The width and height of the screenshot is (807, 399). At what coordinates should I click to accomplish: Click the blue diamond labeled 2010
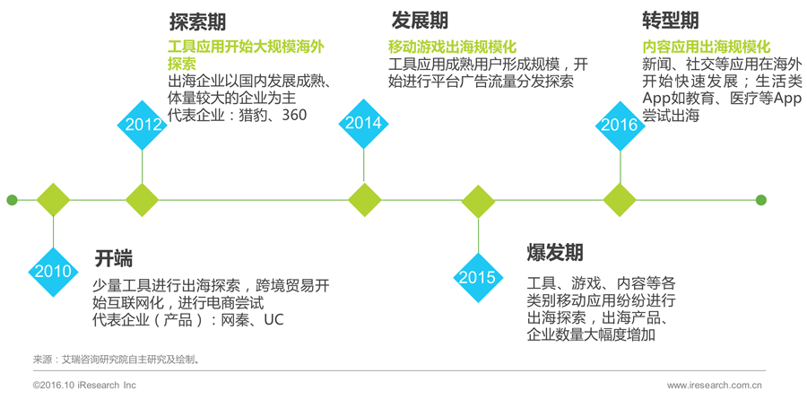[x=53, y=272]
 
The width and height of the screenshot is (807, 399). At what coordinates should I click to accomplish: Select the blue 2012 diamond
[x=143, y=125]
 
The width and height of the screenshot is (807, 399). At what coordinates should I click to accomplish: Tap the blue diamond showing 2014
[x=363, y=123]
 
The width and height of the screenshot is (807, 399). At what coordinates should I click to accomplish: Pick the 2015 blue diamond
[x=477, y=277]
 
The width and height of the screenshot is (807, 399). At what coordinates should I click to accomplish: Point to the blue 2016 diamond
[x=620, y=125]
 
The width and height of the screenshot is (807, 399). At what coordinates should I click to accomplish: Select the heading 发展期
[x=419, y=21]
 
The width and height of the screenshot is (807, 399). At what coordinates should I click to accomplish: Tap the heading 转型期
[x=671, y=21]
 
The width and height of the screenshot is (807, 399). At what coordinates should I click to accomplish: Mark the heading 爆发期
[x=555, y=252]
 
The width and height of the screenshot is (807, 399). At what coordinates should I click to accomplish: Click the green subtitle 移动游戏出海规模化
[x=452, y=47]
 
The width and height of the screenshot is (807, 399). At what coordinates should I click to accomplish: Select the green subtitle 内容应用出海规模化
[x=707, y=47]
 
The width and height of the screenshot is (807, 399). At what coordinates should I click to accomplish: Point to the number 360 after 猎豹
[x=293, y=116]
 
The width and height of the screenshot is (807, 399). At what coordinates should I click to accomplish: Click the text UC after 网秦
[x=273, y=320]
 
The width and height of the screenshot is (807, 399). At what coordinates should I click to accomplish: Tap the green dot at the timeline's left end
[x=11, y=200]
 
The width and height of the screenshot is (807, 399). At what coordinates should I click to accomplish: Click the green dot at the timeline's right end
[x=761, y=200]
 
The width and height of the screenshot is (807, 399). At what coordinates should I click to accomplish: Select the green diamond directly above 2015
[x=477, y=200]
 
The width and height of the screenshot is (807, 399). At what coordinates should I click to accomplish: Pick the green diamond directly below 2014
[x=363, y=200]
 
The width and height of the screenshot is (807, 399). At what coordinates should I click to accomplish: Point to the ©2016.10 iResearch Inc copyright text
[x=84, y=385]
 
